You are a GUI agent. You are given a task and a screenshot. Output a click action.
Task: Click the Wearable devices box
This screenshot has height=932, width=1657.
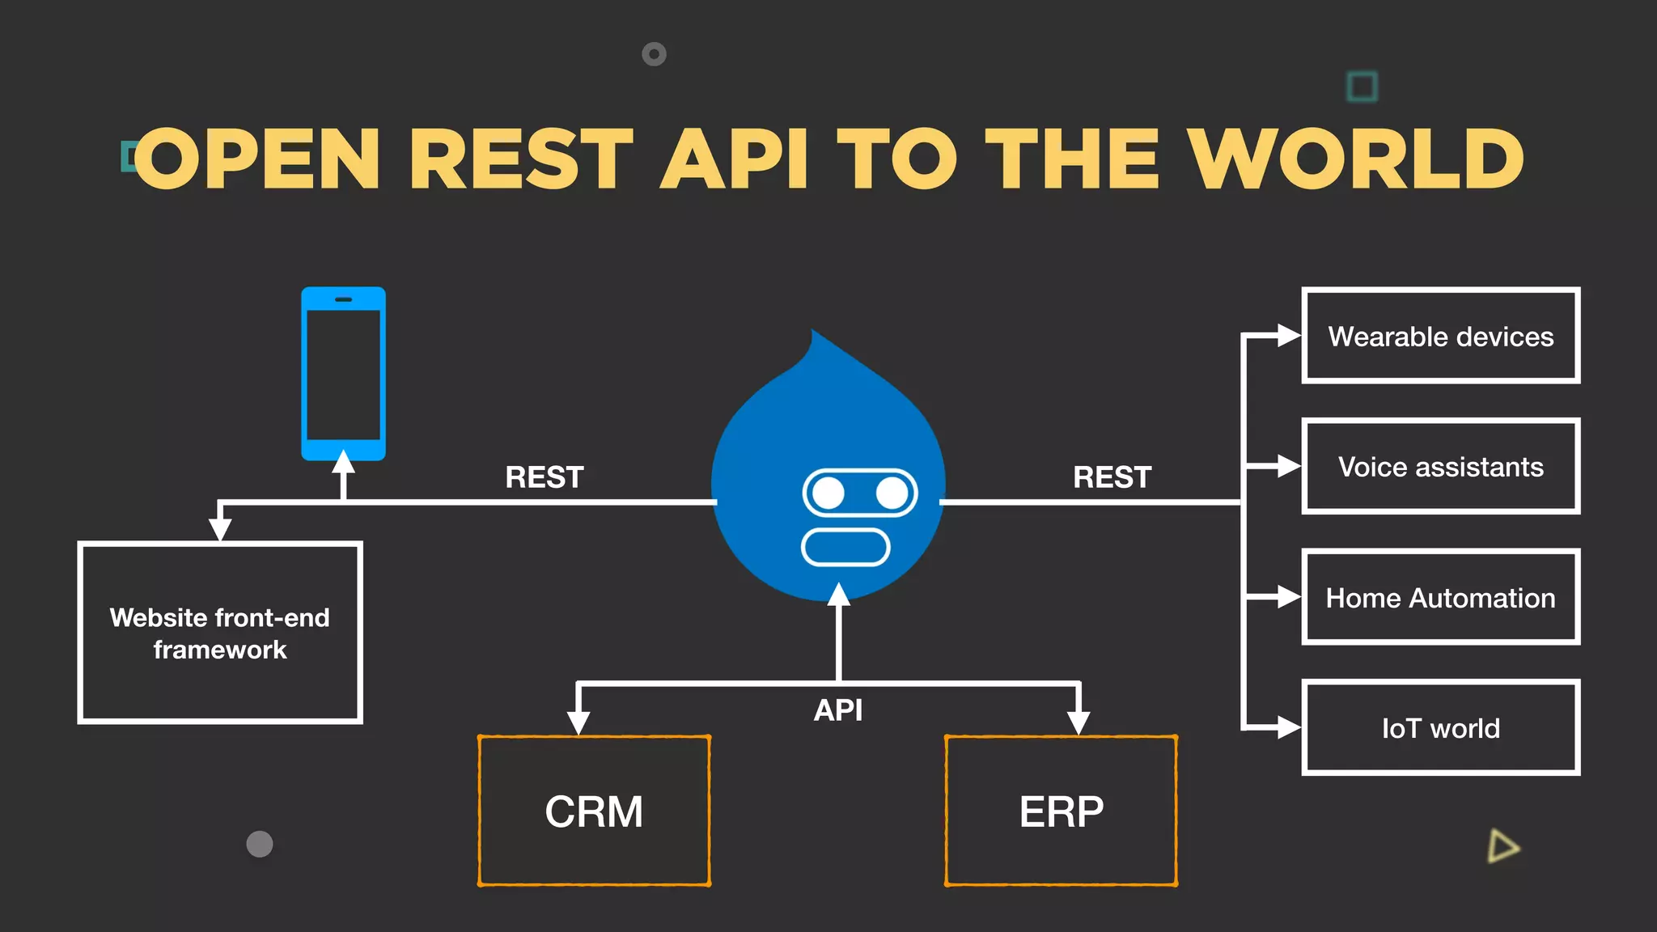pos(1440,336)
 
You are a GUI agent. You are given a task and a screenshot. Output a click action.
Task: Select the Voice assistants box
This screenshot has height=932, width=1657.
pos(1440,467)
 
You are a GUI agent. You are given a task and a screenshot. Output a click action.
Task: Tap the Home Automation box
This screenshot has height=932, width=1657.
pos(1440,598)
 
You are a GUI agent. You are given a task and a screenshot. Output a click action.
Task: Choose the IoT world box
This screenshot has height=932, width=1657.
pos(1440,728)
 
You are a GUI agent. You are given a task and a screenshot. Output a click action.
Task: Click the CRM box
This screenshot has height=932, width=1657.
pos(594,811)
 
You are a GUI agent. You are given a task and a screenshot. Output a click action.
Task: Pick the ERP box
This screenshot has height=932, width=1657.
pos(1061,811)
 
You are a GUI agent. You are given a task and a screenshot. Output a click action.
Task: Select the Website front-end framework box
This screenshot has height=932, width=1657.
pos(220,633)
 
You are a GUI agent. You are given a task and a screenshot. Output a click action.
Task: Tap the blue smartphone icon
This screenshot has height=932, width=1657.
pos(343,374)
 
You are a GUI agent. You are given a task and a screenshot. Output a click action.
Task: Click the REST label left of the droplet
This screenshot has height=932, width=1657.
pos(545,477)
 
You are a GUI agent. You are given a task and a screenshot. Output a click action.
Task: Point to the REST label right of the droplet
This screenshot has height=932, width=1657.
pos(1112,477)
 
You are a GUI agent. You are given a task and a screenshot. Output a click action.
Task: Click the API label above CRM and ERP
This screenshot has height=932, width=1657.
pos(838,710)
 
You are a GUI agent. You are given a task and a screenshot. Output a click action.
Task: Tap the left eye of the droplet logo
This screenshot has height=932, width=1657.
pos(828,493)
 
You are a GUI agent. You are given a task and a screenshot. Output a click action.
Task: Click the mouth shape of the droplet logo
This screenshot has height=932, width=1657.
pos(845,547)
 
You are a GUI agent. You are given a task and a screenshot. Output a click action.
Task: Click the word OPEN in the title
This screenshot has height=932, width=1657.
pos(257,159)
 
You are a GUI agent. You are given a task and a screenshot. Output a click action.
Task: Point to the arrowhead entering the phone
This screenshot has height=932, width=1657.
pos(343,463)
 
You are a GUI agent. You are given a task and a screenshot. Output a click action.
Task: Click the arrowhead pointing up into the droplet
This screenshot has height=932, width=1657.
pos(839,595)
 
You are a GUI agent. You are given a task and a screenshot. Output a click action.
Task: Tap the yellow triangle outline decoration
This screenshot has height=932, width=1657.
pos(1502,846)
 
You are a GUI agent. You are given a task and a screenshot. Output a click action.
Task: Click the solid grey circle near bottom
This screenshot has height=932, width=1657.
pos(260,844)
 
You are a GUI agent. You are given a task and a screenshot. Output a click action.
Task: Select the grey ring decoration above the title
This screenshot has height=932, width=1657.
pos(654,54)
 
